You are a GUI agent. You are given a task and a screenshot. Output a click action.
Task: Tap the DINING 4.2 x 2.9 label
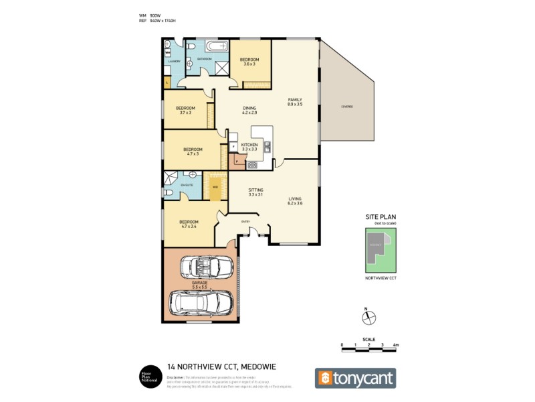click(x=249, y=110)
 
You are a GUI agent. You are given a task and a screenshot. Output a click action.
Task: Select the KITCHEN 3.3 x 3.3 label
click(x=249, y=147)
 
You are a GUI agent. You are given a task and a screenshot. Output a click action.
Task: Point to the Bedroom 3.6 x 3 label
click(x=249, y=62)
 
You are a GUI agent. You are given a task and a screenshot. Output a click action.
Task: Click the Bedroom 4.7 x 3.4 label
click(x=188, y=224)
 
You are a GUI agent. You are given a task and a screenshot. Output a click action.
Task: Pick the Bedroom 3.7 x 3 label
click(x=185, y=111)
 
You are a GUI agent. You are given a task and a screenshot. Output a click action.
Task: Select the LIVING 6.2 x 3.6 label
click(x=295, y=200)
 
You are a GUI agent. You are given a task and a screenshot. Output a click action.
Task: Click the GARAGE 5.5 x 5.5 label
click(x=200, y=285)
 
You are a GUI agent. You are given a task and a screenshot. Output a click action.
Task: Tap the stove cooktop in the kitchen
click(x=252, y=165)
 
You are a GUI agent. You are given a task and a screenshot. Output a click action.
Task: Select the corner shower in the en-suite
click(x=169, y=179)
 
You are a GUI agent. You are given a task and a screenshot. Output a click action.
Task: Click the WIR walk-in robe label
click(x=215, y=187)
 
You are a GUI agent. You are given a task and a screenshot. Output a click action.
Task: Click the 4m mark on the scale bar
click(x=395, y=345)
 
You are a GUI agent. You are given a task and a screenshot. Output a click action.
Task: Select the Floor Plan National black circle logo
click(x=148, y=375)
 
